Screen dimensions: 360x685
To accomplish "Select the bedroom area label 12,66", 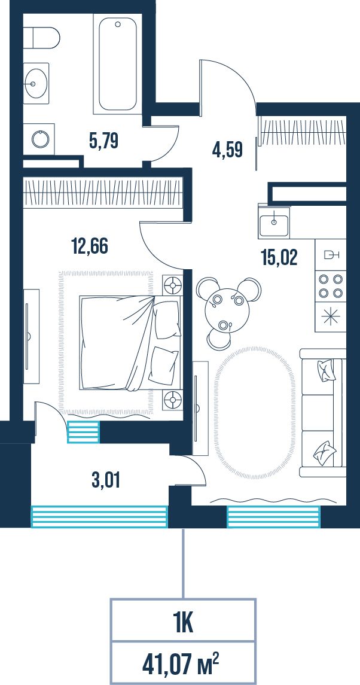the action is pyautogui.click(x=89, y=246).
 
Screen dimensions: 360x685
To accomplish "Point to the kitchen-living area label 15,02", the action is pyautogui.click(x=279, y=258).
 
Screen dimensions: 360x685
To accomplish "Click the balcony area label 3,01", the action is pyautogui.click(x=106, y=480).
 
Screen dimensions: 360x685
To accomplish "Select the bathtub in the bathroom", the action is pyautogui.click(x=118, y=64).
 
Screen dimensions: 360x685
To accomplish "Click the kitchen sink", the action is pyautogui.click(x=274, y=223).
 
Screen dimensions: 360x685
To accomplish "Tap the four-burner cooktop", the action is pyautogui.click(x=331, y=286).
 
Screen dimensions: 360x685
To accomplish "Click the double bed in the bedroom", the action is pyautogui.click(x=130, y=342).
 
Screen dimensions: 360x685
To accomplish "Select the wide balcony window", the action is pyautogui.click(x=99, y=516).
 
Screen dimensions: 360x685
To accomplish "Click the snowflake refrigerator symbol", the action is pyautogui.click(x=331, y=317).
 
